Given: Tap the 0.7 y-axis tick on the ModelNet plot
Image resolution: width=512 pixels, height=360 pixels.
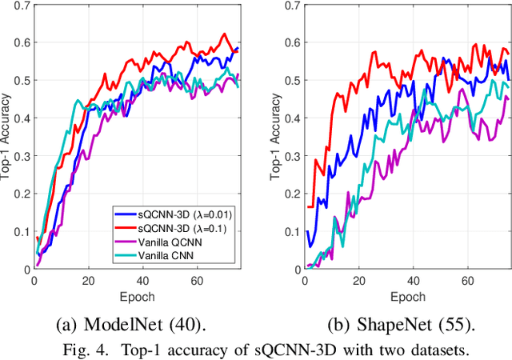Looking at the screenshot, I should point(18,6).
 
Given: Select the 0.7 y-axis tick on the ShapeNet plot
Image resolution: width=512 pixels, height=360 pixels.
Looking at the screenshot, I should point(290,6).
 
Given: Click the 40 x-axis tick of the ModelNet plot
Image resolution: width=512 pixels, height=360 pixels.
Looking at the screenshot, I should point(142,281).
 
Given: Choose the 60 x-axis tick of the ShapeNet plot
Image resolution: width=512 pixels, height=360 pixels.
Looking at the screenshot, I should point(469,281).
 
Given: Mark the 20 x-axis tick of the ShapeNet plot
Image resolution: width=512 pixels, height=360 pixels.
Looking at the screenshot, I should point(360,281).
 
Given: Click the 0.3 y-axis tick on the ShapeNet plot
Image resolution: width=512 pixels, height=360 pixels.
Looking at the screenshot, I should point(290,156).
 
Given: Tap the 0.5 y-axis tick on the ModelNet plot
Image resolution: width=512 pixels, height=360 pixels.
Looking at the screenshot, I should point(18,81).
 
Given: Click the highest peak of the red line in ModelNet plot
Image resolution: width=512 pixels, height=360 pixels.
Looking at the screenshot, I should point(225,34).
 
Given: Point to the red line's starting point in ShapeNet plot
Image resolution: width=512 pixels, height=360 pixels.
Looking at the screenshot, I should point(308,207).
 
